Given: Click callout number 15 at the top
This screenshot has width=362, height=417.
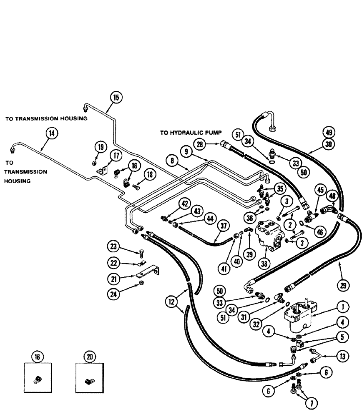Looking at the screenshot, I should (116, 97).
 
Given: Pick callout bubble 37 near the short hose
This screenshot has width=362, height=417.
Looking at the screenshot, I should (224, 226).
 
